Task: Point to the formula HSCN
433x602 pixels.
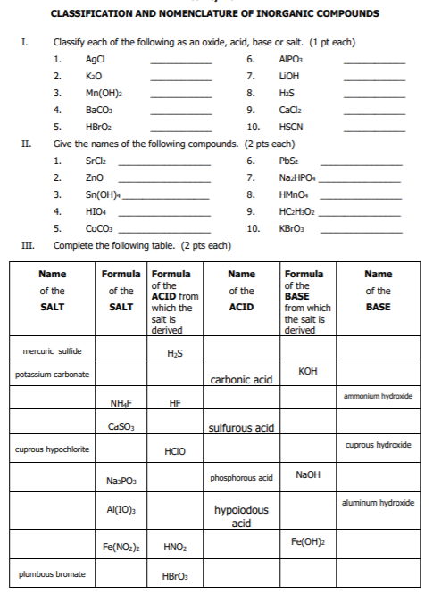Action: click(290, 127)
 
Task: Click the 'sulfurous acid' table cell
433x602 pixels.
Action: click(240, 428)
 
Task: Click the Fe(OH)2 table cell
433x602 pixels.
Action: click(306, 541)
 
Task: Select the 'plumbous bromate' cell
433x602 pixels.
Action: click(53, 573)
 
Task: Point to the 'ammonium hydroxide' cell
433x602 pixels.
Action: click(378, 395)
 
